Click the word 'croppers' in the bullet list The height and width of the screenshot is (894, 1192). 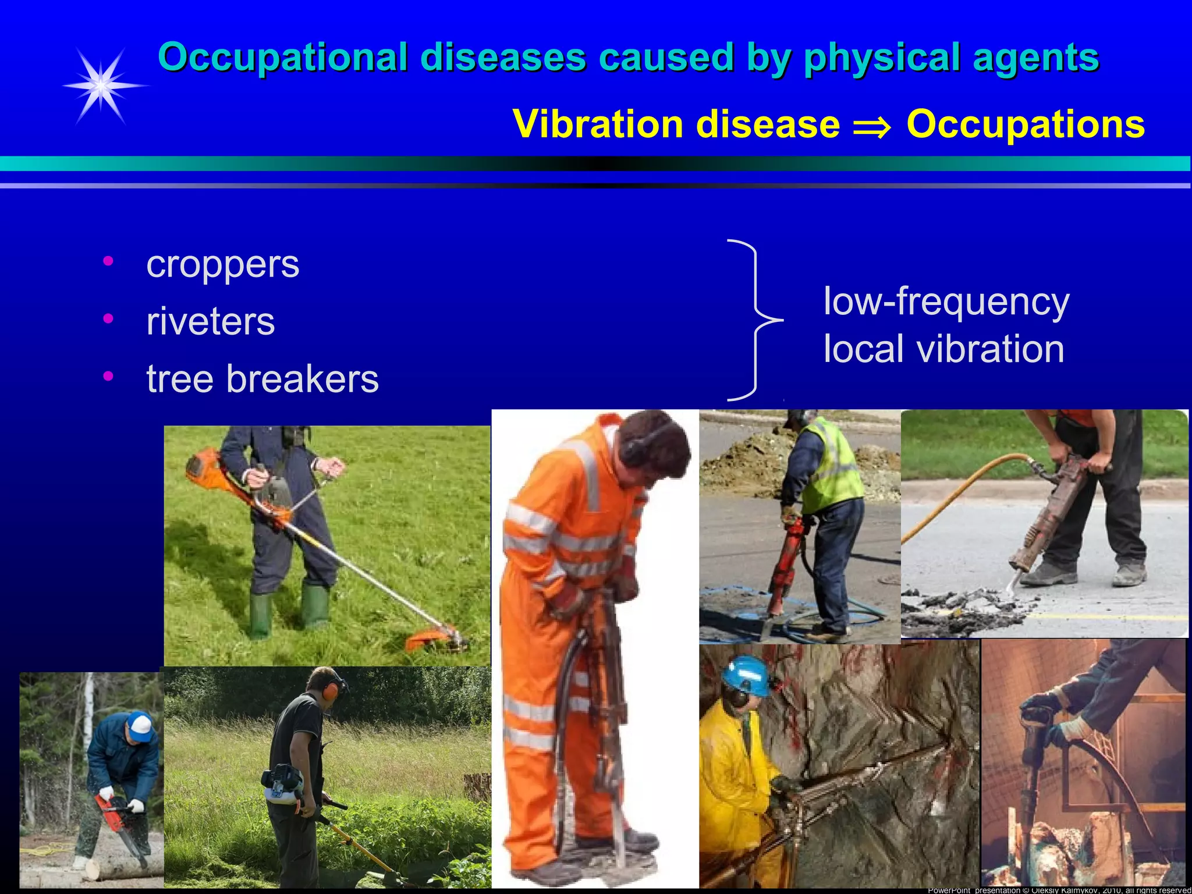[x=222, y=265]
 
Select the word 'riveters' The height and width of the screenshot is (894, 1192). [x=210, y=322]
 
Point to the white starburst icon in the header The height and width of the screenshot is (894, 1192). [x=102, y=86]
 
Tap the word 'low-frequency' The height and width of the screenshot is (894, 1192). [x=946, y=301]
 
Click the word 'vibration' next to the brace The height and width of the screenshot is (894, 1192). [x=990, y=349]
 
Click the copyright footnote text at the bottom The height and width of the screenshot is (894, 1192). [x=1059, y=890]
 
